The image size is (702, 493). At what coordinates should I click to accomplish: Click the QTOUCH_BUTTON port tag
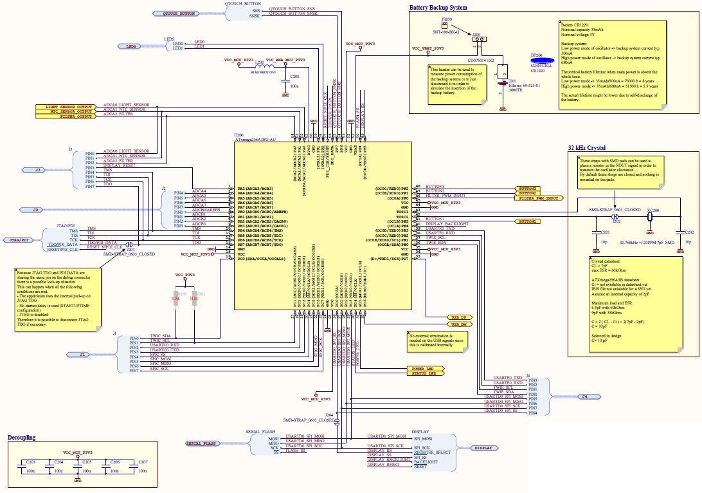click(x=178, y=14)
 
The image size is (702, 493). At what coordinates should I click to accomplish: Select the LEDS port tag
click(x=131, y=46)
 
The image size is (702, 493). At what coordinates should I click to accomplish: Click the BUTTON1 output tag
click(x=527, y=221)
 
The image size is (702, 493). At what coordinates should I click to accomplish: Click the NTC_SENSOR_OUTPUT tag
click(x=67, y=111)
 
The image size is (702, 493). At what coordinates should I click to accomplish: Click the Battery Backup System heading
click(x=438, y=8)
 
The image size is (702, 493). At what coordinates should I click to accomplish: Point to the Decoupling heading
click(x=21, y=438)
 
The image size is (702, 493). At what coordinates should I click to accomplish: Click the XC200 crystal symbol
click(x=651, y=217)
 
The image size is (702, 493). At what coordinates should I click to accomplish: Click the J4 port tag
click(x=582, y=396)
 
